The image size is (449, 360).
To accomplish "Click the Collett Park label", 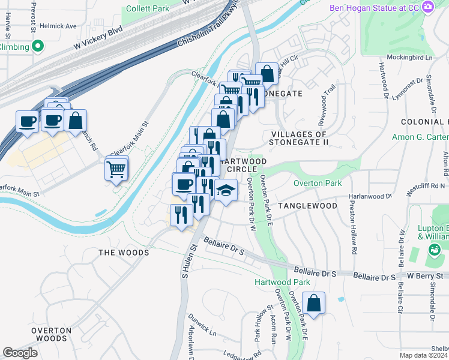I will [146, 9].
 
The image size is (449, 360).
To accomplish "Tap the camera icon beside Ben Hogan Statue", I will [428, 8].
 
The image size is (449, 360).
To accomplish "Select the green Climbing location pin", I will [38, 46].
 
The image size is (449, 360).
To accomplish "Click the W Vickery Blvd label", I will [98, 38].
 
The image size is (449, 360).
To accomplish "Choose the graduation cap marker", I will [225, 191].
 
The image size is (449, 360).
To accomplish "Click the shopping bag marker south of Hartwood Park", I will [313, 303].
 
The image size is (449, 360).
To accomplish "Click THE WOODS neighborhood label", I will [124, 253].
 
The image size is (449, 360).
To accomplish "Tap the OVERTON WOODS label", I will [41, 334].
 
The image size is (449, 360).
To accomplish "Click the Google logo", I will [20, 353].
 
